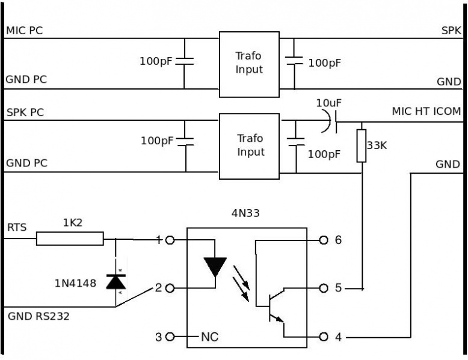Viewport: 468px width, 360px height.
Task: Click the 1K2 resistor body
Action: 70,239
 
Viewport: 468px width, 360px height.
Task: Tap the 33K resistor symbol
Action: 362,146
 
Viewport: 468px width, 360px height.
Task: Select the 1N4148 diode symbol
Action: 116,282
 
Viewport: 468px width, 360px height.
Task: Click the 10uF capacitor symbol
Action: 330,121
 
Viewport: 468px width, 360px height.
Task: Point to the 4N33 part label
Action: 245,213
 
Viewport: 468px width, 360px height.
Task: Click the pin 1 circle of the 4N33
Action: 170,240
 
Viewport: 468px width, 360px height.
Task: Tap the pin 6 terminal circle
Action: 324,240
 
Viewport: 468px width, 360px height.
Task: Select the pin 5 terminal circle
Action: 324,288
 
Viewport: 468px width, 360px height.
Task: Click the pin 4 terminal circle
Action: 324,337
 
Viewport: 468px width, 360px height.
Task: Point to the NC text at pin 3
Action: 209,337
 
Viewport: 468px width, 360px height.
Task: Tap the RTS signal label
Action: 17,227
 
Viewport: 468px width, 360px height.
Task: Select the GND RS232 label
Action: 38,316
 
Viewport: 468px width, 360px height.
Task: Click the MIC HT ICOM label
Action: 426,111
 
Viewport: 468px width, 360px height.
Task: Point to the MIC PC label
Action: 25,31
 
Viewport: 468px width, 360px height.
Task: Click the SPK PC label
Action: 25,112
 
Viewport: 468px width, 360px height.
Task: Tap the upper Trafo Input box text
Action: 249,63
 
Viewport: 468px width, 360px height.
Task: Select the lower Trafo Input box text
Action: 251,145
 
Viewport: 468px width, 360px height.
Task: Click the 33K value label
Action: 377,145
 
